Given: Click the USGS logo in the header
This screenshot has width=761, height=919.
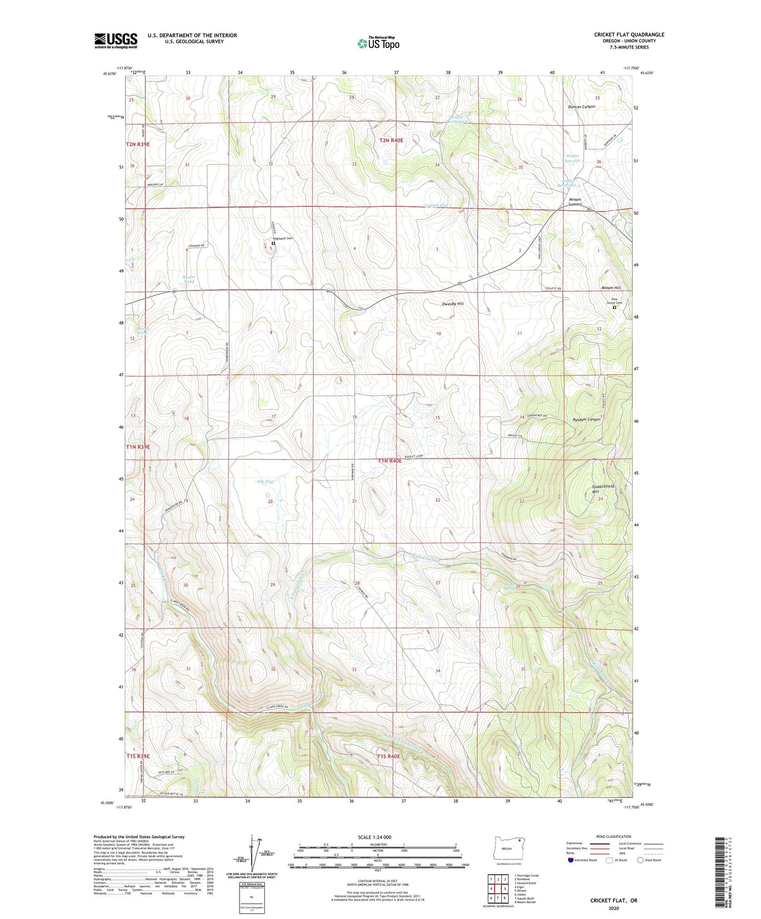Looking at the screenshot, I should (115, 41).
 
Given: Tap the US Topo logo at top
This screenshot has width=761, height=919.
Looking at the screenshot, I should (378, 43).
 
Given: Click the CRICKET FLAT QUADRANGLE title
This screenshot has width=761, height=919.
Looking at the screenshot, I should (629, 35).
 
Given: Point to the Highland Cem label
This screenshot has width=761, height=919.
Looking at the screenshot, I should (282, 238).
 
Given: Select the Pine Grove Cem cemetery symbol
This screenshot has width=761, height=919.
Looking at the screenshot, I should (614, 308).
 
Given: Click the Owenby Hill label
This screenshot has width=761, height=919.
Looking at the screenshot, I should (452, 304).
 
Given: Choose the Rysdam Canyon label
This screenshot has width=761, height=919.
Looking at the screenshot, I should (587, 419).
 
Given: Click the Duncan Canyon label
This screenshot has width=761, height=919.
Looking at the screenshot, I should (581, 106).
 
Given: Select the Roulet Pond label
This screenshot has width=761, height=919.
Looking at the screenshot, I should (189, 279).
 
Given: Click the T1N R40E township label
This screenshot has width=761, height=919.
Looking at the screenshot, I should (390, 461).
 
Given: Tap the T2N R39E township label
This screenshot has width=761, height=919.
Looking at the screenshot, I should (137, 144).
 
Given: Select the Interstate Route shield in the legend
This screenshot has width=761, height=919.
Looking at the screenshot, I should (571, 860).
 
